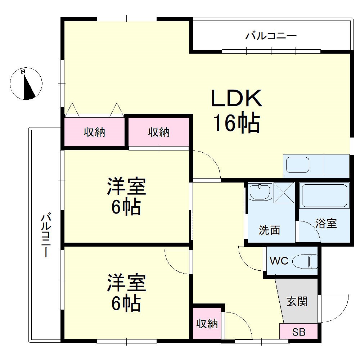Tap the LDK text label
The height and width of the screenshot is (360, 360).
click(x=236, y=98)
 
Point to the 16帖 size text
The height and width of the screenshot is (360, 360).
click(x=236, y=123)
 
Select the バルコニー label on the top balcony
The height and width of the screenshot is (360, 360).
click(x=271, y=36)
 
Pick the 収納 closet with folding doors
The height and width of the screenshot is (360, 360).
click(x=94, y=132)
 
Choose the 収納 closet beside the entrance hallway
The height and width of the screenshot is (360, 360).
click(x=207, y=324)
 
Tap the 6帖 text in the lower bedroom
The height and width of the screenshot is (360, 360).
click(x=126, y=303)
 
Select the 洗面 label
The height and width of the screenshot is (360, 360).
click(x=270, y=230)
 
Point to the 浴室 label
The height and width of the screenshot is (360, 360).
click(x=326, y=223)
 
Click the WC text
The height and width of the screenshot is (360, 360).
click(x=279, y=261)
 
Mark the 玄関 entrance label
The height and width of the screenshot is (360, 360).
click(x=297, y=301)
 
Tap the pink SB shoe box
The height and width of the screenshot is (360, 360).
click(x=298, y=332)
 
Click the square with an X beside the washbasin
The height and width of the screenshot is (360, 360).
click(x=284, y=193)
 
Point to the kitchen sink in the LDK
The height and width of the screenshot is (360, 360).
click(x=297, y=165)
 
